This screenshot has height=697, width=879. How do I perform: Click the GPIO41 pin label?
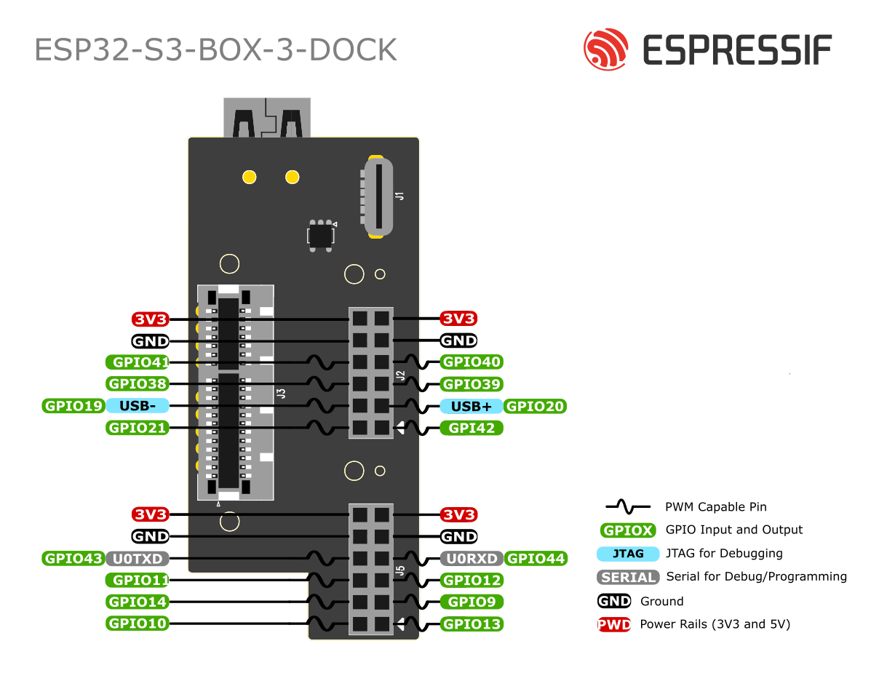tap(138, 362)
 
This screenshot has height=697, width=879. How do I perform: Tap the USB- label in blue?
tap(138, 406)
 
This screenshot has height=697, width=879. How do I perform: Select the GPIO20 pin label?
tap(535, 406)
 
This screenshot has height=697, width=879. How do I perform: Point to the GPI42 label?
tap(471, 428)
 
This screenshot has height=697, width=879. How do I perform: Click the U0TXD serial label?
tap(138, 558)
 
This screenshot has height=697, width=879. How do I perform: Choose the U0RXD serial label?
tap(471, 558)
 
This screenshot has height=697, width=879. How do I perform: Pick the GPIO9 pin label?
tap(471, 602)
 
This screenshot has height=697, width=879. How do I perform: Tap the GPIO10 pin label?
tap(138, 624)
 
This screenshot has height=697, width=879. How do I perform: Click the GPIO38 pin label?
tap(138, 383)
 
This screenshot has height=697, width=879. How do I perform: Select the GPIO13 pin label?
tap(471, 624)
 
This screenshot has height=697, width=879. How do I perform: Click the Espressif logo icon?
tap(605, 49)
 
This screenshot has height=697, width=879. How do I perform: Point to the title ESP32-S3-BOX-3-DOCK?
tap(216, 49)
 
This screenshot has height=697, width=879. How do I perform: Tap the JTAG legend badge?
tap(627, 554)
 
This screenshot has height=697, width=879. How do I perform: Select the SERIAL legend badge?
tap(628, 577)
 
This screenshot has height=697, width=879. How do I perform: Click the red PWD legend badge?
tap(614, 624)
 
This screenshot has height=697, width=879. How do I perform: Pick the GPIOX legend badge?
tap(627, 530)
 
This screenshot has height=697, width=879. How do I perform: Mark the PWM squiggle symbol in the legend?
tap(628, 506)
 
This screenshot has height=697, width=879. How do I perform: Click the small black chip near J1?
tap(321, 234)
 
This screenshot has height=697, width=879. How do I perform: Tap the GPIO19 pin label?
tap(73, 406)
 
